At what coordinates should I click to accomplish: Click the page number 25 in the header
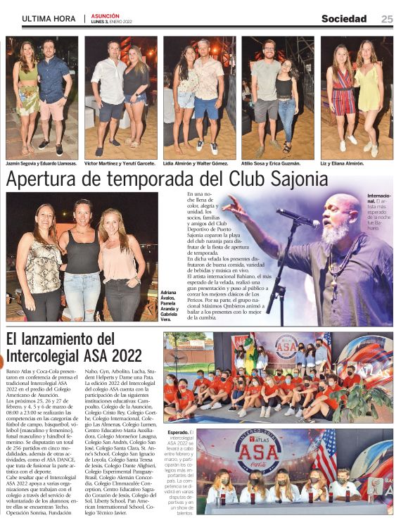[x=387, y=19]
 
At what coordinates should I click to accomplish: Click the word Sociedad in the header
[x=344, y=19]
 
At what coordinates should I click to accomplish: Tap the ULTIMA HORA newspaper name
[x=48, y=19]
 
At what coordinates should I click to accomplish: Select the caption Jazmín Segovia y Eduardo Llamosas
[x=40, y=163]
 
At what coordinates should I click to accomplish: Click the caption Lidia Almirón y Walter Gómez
[x=196, y=163]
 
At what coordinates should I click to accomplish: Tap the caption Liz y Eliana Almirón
[x=343, y=163]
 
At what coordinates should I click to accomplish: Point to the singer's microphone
[x=295, y=217]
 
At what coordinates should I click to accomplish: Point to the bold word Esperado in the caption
[x=177, y=433]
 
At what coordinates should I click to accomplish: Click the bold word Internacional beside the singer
[x=379, y=198]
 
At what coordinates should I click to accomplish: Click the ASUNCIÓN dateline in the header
[x=105, y=15]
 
